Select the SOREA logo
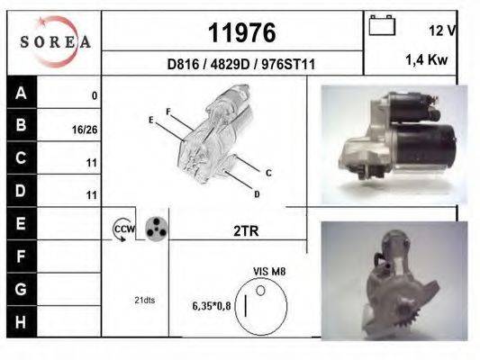point(55,42)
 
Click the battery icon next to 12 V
point(382,26)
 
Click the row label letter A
point(22,93)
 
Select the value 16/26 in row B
point(84,129)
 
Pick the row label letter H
point(22,320)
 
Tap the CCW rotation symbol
point(122,230)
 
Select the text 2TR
point(246,230)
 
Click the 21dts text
point(144,300)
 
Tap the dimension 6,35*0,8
point(212,306)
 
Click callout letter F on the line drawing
point(168,112)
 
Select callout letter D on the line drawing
point(257,193)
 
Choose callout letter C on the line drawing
point(268,172)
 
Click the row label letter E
point(22,221)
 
